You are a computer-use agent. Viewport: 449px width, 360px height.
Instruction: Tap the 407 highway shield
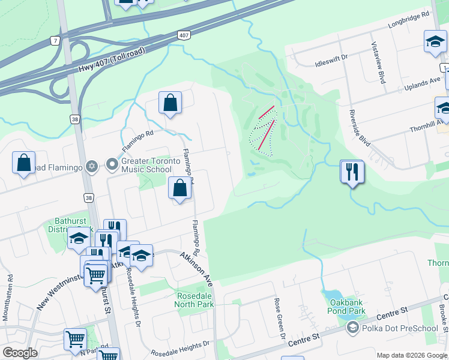pos(184,36)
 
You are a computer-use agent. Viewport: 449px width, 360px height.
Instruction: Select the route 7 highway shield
pos(55,41)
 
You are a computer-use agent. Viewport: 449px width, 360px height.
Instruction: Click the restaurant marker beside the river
pos(351,172)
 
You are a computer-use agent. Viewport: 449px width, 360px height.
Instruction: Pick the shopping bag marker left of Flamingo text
pos(23,163)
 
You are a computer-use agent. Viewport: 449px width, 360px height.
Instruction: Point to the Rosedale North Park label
pos(196,300)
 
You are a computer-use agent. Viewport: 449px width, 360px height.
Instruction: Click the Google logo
pos(20,353)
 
